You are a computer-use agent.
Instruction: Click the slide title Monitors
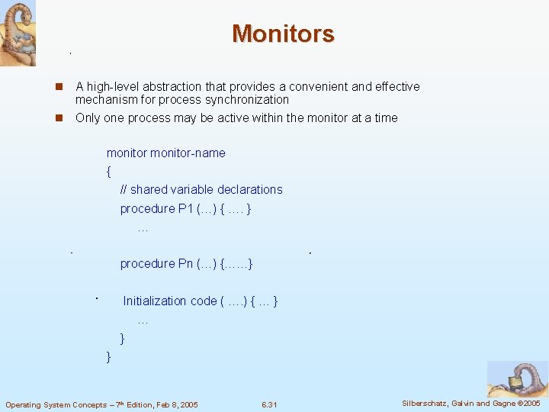[x=283, y=34]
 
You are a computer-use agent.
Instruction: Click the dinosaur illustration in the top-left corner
[x=18, y=33]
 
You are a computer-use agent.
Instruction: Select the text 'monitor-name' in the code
[x=188, y=153]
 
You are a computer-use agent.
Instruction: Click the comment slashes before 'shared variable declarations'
[x=124, y=190]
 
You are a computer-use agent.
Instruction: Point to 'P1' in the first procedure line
[x=186, y=209]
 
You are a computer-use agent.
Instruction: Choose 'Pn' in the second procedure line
[x=186, y=264]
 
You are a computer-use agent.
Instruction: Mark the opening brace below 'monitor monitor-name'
[x=109, y=172]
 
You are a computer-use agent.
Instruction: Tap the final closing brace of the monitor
[x=109, y=356]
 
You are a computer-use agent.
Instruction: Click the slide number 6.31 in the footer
[x=268, y=404]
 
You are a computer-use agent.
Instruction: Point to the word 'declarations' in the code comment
[x=250, y=190]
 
